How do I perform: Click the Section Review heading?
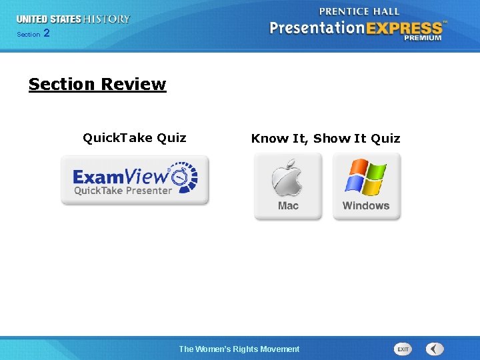pos(97,85)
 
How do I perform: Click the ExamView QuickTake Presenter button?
pos(135,180)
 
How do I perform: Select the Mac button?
pos(288,186)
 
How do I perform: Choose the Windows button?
pos(366,186)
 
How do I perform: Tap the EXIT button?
pos(403,349)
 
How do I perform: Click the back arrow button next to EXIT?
pos(435,349)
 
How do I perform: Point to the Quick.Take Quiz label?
pos(135,138)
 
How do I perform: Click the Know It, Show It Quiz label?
pos(325,139)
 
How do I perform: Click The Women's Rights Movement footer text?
pos(239,349)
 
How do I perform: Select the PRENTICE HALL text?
pos(359,11)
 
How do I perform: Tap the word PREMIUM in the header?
pos(422,39)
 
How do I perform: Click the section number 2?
pos(46,33)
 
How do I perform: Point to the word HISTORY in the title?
pos(107,19)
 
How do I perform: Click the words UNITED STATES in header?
pos(48,19)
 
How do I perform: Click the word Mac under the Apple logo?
pos(288,206)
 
